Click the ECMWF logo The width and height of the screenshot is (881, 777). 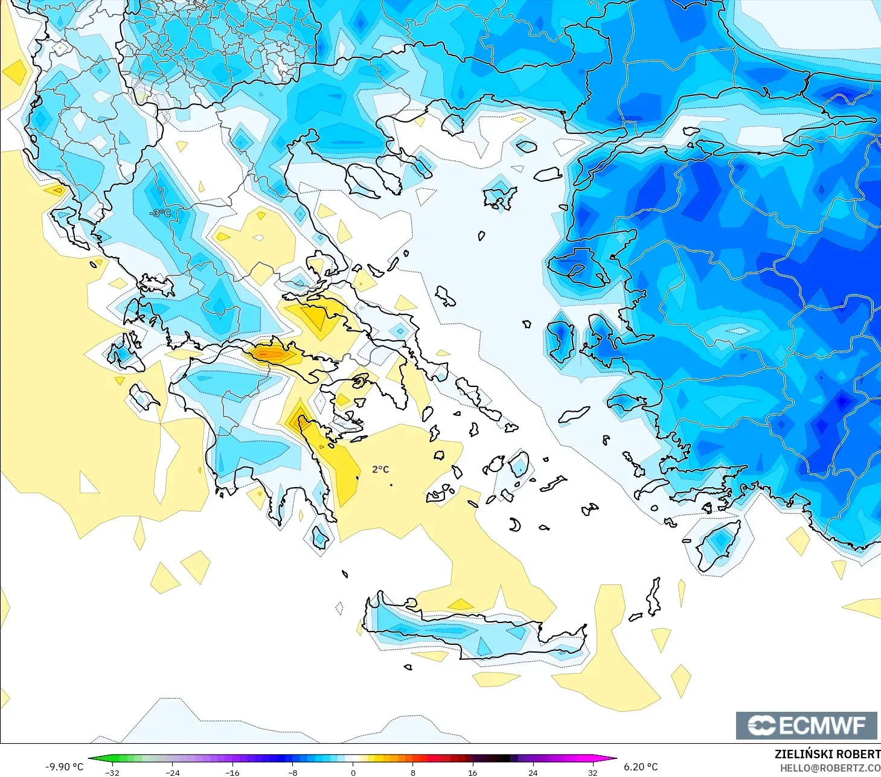click(806, 725)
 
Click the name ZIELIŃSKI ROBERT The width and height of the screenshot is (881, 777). click(827, 754)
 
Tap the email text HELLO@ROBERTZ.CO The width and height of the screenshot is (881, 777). click(830, 768)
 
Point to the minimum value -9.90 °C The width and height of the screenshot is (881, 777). click(65, 767)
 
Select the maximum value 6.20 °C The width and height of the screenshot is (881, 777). click(641, 767)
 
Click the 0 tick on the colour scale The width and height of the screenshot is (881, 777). click(353, 773)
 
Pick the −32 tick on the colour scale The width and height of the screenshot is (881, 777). click(112, 773)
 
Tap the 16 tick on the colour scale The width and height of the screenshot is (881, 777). click(473, 773)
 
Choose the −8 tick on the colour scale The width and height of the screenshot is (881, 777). click(293, 773)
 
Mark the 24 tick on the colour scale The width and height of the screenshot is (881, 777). click(533, 773)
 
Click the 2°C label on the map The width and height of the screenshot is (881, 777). click(380, 470)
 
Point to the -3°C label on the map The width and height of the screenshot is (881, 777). click(160, 213)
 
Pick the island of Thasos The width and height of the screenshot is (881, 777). click(452, 124)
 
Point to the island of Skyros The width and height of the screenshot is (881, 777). click(446, 296)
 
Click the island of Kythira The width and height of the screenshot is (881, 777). click(320, 537)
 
